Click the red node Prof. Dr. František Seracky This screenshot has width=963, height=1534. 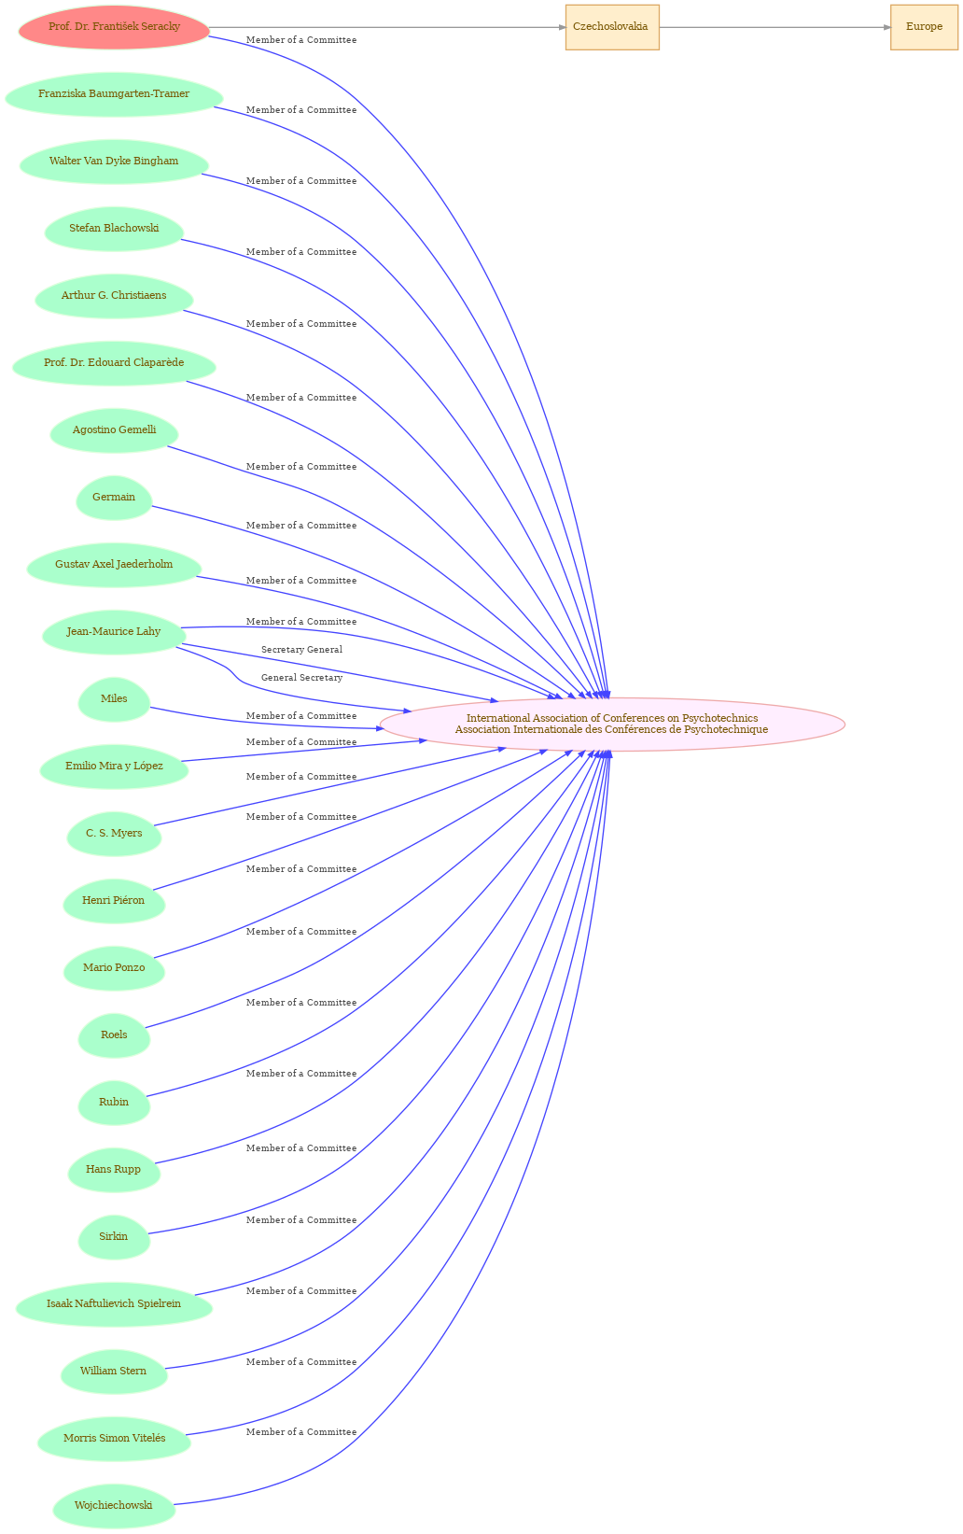click(114, 27)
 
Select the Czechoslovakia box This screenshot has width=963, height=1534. click(612, 27)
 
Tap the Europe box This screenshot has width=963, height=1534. click(923, 27)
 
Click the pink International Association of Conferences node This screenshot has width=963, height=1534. click(612, 724)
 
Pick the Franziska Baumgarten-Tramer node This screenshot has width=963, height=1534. click(114, 94)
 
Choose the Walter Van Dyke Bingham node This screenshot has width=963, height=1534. click(114, 162)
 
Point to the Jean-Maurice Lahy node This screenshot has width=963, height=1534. click(114, 632)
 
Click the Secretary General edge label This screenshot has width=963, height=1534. click(301, 649)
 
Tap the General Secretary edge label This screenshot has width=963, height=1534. click(301, 677)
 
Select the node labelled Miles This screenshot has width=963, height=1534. click(114, 699)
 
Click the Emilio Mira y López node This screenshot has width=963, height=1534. click(114, 767)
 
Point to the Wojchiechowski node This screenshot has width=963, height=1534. click(114, 1506)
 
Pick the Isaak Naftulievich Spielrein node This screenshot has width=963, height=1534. click(114, 1304)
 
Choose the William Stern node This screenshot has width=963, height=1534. click(114, 1371)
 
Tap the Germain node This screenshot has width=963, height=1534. click(114, 498)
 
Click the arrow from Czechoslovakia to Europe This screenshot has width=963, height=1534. click(775, 27)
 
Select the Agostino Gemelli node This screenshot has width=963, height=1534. click(114, 430)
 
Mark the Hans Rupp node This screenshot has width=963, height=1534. click(114, 1170)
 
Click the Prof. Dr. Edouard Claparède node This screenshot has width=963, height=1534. click(114, 363)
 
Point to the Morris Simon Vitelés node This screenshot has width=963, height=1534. click(114, 1438)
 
